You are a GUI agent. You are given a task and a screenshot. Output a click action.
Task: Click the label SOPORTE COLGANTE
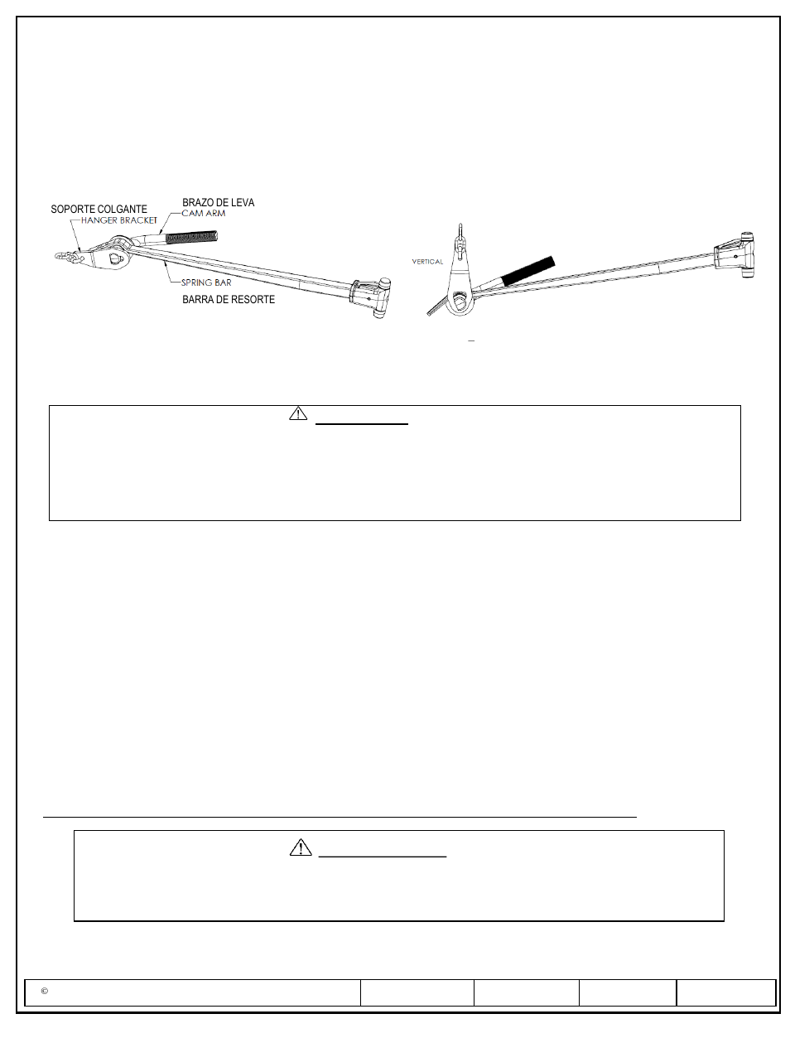click(x=99, y=209)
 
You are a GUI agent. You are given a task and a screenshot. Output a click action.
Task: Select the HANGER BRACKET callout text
click(x=119, y=220)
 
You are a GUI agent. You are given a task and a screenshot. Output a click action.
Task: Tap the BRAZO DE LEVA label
click(x=218, y=202)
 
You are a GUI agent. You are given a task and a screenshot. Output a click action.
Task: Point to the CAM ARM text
click(x=204, y=213)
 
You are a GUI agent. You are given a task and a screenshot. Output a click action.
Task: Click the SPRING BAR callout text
click(x=206, y=282)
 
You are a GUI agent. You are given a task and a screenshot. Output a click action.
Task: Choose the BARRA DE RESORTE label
click(x=229, y=299)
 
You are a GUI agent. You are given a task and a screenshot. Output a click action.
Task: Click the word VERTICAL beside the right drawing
click(x=427, y=262)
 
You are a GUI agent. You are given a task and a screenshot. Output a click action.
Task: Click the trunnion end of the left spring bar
click(x=372, y=297)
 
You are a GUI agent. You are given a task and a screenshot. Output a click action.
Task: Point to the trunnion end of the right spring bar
click(x=739, y=256)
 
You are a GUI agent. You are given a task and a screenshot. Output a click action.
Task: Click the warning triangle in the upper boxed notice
click(x=298, y=413)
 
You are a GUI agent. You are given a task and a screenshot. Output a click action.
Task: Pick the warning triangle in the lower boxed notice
click(x=301, y=847)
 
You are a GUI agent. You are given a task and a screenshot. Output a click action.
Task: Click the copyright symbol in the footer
click(x=45, y=992)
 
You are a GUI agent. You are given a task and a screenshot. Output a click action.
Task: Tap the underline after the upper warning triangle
click(x=362, y=424)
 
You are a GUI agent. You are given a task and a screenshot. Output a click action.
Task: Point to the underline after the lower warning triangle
click(x=383, y=856)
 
